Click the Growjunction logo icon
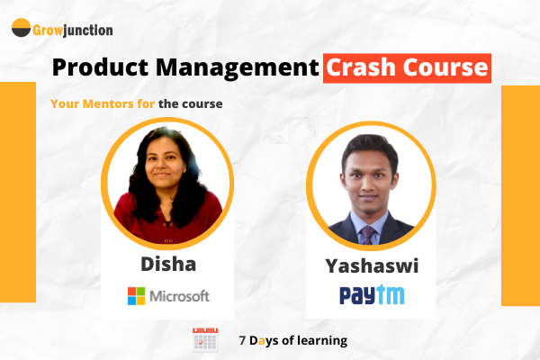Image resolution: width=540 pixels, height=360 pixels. pyautogui.click(x=21, y=29)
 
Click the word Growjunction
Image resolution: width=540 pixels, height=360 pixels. pyautogui.click(x=73, y=30)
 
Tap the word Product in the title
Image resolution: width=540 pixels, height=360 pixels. pyautogui.click(x=96, y=68)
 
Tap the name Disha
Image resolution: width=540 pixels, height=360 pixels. pyautogui.click(x=167, y=265)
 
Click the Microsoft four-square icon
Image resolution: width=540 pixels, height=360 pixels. pyautogui.click(x=136, y=296)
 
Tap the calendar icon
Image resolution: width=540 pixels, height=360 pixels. pyautogui.click(x=206, y=340)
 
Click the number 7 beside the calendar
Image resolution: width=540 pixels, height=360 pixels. pyautogui.click(x=243, y=341)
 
